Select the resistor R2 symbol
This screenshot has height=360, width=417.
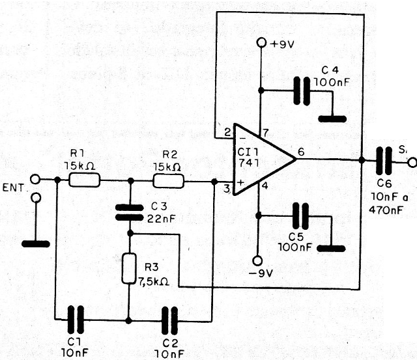click(x=168, y=180)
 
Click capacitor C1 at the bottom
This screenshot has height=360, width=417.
click(x=77, y=320)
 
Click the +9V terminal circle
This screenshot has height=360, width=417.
click(x=261, y=43)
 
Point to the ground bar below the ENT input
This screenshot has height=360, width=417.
click(x=35, y=243)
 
